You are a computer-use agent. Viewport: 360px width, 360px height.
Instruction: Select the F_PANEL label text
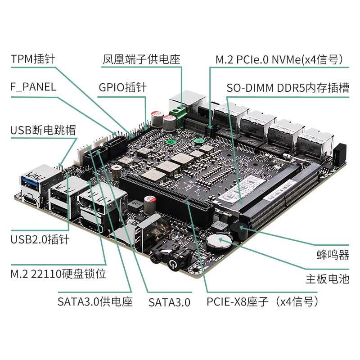pos(33,87)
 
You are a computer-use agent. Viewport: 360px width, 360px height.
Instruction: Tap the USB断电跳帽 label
pos(43,130)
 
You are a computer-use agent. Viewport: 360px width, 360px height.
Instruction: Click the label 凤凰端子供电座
pos(141,59)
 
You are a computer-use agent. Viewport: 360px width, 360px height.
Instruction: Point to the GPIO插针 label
pos(122,87)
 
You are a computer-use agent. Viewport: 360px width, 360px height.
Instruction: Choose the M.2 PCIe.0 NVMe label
pos(279,59)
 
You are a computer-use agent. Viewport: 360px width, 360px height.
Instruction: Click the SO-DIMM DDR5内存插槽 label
pos(288,88)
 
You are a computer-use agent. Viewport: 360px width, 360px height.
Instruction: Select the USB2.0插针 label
pos(40,239)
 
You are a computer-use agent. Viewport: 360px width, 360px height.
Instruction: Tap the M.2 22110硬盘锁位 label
pos(58,274)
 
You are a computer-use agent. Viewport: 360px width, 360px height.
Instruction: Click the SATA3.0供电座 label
pos(95,301)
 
